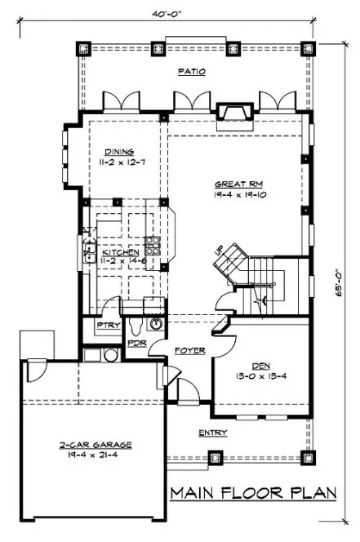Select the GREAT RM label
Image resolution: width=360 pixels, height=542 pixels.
(233, 184)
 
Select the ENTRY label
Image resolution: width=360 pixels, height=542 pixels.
(212, 433)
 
